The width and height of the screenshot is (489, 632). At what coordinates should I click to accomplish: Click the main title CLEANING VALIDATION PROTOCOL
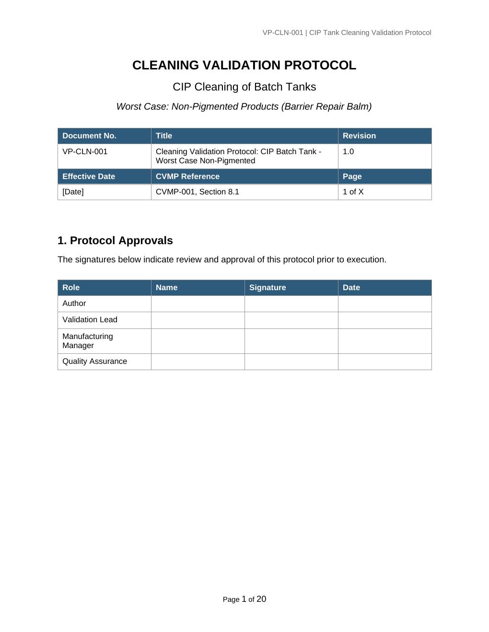pos(244,66)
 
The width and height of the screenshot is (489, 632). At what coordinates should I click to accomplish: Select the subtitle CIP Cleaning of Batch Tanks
pos(244,87)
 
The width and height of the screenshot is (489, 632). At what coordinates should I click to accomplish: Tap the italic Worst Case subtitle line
pos(244,107)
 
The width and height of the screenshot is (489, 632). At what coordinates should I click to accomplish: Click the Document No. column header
pos(90,136)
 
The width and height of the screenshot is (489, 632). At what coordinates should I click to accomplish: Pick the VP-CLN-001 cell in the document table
pos(85,152)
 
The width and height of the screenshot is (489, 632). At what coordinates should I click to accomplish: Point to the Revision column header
pos(359,136)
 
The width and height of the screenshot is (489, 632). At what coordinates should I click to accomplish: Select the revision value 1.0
pos(349,152)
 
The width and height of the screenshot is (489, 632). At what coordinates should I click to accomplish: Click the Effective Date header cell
pos(89,177)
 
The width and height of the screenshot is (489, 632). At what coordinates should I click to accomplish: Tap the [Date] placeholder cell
pos(73,192)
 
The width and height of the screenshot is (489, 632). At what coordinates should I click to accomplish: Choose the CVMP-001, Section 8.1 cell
pos(198,192)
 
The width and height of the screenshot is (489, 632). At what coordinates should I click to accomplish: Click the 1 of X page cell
pos(353,192)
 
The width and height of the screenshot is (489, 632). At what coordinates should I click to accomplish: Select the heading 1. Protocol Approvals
pos(115,240)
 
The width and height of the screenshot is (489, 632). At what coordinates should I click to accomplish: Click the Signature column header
pos(268,288)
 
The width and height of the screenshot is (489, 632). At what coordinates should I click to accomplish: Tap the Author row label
pos(74,304)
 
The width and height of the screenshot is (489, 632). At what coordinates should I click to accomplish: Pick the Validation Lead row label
pos(90,320)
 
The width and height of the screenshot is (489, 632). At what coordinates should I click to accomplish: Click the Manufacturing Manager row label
pos(88,341)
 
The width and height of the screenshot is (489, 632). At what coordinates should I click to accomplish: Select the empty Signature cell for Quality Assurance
pos(291,361)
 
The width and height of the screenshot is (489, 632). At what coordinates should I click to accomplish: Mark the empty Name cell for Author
pos(198,304)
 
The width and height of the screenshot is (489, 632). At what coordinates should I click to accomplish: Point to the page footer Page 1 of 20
pos(244,599)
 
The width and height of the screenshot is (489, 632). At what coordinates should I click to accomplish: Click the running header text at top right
pos(347,33)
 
